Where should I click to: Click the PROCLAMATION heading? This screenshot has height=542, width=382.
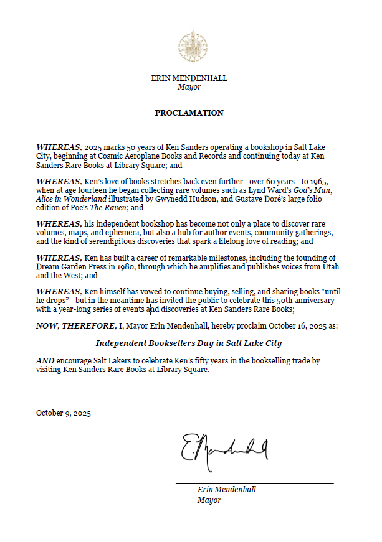pyautogui.click(x=189, y=113)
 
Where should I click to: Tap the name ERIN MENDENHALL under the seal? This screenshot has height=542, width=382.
pyautogui.click(x=189, y=78)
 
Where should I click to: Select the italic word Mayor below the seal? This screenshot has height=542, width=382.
pyautogui.click(x=189, y=87)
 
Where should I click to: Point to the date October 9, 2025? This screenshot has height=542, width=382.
pyautogui.click(x=64, y=413)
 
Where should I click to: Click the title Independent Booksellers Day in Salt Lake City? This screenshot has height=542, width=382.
pyautogui.click(x=189, y=343)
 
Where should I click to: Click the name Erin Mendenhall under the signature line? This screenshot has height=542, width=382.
pyautogui.click(x=226, y=490)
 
